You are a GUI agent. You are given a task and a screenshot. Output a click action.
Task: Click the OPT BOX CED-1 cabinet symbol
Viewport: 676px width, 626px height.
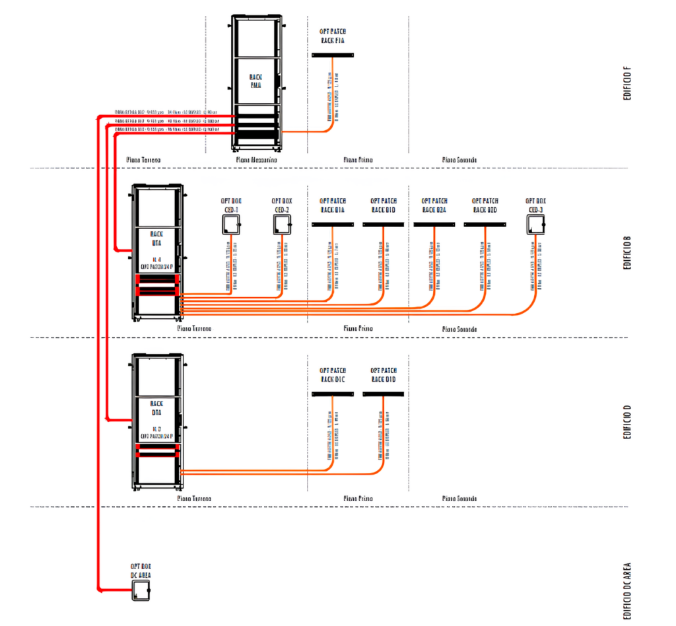pyautogui.click(x=230, y=225)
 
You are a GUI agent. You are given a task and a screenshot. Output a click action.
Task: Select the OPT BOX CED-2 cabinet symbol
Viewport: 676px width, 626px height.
pyautogui.click(x=282, y=225)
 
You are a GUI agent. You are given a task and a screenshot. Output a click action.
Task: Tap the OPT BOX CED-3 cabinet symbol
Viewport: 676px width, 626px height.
pyautogui.click(x=535, y=225)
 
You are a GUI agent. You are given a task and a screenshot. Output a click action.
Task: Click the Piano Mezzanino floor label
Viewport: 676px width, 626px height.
pyautogui.click(x=256, y=160)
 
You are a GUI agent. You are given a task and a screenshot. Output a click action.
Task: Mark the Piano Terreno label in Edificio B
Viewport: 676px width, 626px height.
pyautogui.click(x=194, y=328)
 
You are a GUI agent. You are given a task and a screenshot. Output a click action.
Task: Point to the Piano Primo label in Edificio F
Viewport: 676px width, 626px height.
pyautogui.click(x=358, y=160)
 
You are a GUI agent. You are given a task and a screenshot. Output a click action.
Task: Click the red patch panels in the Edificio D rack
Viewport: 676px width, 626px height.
pyautogui.click(x=157, y=450)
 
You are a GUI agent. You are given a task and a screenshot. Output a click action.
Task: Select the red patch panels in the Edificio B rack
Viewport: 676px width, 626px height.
pyautogui.click(x=157, y=285)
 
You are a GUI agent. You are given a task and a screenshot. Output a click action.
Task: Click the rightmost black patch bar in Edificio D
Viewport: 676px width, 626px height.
pyautogui.click(x=383, y=394)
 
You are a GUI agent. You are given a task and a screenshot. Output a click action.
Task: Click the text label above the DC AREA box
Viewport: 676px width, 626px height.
pyautogui.click(x=141, y=570)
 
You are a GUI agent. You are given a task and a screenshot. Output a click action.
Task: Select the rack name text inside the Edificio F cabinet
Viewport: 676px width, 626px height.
pyautogui.click(x=256, y=81)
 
